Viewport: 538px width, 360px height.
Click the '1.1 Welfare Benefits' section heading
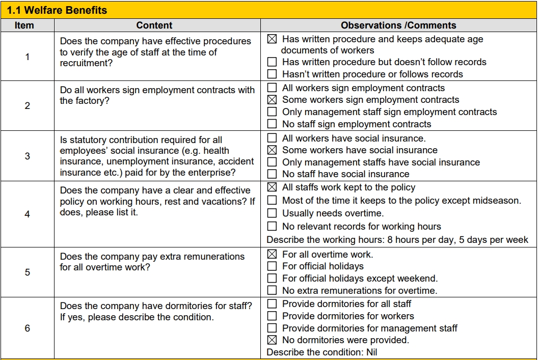pos(57,10)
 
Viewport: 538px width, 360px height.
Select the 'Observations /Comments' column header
pos(398,25)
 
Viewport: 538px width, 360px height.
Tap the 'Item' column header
pos(24,25)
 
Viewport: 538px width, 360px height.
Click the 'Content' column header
pos(154,25)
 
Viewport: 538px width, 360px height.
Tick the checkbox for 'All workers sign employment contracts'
pos(273,88)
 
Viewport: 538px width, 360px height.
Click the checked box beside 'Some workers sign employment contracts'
pos(273,100)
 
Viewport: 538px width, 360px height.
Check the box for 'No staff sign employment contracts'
pos(273,124)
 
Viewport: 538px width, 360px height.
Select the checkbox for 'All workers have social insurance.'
pos(273,138)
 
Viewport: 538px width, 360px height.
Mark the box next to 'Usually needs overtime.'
pos(273,213)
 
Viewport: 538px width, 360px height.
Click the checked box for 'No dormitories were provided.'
pos(273,340)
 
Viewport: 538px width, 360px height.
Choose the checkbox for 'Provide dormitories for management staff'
pos(273,328)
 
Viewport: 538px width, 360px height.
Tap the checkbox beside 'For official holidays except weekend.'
pos(273,279)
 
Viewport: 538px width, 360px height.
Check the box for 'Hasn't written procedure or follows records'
pos(273,74)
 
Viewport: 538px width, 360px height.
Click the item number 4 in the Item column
pos(28,214)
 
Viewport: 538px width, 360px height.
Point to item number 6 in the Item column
pos(28,328)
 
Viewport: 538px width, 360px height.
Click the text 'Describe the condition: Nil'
pos(322,352)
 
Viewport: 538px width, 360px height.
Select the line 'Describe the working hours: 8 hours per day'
pos(397,240)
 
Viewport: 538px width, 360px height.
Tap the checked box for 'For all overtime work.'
pos(273,254)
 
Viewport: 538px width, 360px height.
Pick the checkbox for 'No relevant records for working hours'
pos(273,227)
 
